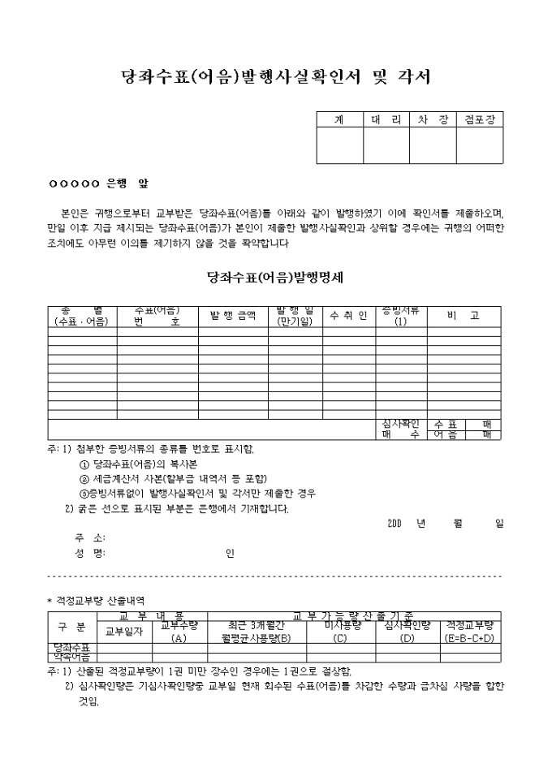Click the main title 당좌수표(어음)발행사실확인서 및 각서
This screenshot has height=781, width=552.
275,78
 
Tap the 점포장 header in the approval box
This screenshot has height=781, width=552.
479,119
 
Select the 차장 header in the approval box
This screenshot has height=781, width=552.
432,119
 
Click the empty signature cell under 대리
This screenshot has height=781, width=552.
386,146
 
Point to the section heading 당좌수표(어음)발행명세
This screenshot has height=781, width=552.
275,276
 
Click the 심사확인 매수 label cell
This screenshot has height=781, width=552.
400,429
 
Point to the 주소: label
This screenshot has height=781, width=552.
89,537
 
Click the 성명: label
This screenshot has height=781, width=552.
89,554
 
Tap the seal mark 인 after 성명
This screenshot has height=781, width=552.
231,554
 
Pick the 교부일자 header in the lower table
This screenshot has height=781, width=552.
124,631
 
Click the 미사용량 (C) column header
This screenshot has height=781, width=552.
341,631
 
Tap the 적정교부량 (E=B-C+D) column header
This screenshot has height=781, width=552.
470,631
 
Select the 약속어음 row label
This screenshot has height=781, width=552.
71,656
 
